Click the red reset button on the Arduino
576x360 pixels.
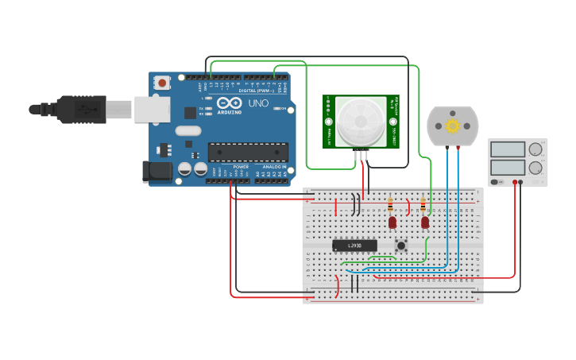(162, 82)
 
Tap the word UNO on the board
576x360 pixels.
(259, 103)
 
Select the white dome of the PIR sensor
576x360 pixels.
(360, 122)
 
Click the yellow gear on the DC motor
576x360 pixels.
(453, 126)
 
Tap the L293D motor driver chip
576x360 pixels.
(354, 246)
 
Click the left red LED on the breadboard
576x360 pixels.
(392, 223)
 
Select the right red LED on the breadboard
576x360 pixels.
(425, 223)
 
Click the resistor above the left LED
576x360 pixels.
(390, 204)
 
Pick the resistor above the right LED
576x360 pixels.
(423, 204)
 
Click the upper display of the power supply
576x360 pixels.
(507, 149)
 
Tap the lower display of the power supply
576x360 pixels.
(507, 167)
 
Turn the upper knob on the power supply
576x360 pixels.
(535, 149)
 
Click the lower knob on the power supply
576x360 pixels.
(535, 168)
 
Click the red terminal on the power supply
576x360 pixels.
(516, 182)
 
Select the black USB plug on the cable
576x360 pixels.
(79, 109)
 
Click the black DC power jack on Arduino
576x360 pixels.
(157, 171)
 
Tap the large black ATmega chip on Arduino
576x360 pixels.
(247, 152)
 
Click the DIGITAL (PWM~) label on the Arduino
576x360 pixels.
(253, 91)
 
